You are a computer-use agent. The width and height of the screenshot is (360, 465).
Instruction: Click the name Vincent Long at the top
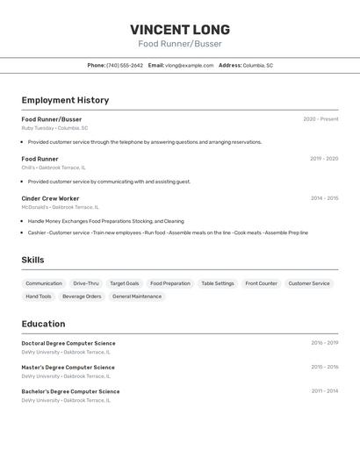(x=180, y=30)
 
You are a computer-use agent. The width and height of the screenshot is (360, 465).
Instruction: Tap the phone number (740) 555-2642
(x=125, y=66)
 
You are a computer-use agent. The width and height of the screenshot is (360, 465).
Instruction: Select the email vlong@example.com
(x=190, y=66)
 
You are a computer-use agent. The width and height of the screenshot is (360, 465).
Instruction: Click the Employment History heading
(x=65, y=100)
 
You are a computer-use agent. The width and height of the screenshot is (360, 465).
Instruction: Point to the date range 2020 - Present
(x=320, y=119)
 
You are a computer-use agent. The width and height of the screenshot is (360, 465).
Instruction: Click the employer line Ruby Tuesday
(x=54, y=128)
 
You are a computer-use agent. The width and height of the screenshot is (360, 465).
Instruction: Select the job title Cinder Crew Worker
(x=50, y=198)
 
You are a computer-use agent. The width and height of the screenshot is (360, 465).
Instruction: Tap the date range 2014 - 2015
(x=324, y=198)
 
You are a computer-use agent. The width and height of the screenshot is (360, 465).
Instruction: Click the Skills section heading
(x=32, y=260)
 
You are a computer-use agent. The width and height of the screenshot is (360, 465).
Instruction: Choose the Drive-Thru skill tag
(x=86, y=283)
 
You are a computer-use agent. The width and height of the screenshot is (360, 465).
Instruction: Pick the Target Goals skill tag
(x=124, y=283)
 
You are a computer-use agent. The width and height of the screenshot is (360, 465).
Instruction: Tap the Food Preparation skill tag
(x=169, y=283)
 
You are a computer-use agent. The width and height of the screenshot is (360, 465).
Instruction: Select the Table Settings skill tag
(x=218, y=283)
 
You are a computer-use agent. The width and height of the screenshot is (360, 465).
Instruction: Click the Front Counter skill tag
(x=261, y=283)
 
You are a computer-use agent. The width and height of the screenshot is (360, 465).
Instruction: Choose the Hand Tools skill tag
(x=39, y=297)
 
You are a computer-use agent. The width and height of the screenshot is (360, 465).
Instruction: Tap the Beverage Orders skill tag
(x=82, y=297)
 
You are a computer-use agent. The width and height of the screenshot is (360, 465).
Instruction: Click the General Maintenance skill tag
(x=137, y=297)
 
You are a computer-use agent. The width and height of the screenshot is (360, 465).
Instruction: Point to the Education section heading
(x=43, y=324)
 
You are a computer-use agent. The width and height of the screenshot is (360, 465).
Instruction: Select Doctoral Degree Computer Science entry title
(x=68, y=343)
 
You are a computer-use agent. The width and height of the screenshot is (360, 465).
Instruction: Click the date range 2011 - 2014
(x=324, y=391)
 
